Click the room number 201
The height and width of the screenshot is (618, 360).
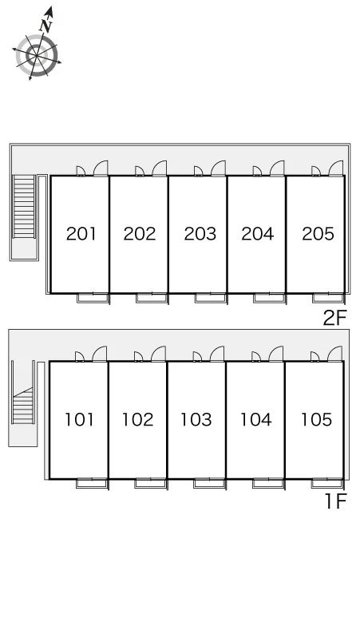pyautogui.click(x=81, y=234)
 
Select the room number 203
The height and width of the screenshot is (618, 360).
pyautogui.click(x=200, y=234)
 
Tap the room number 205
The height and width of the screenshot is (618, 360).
pyautogui.click(x=318, y=233)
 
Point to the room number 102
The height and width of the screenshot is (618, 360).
pyautogui.click(x=137, y=419)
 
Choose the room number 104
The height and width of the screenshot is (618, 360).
pyautogui.click(x=256, y=419)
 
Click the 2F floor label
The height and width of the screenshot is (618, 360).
pyautogui.click(x=334, y=318)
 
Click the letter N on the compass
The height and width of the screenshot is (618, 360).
pyautogui.click(x=46, y=26)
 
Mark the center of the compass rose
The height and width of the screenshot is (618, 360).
pyautogui.click(x=37, y=56)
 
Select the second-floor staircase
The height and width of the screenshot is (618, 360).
pyautogui.click(x=24, y=207)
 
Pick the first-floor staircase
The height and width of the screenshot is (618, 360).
pyautogui.click(x=23, y=405)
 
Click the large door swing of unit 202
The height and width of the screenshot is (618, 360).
pyautogui.click(x=160, y=168)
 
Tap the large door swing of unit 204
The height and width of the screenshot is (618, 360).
pyautogui.click(x=277, y=168)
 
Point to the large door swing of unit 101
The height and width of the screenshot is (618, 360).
pyautogui.click(x=99, y=354)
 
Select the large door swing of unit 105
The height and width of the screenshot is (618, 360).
pyautogui.click(x=334, y=354)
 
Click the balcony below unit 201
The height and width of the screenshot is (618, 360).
pyautogui.click(x=93, y=299)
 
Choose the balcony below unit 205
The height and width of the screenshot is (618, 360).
pyautogui.click(x=329, y=299)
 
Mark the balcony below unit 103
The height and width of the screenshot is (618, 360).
pyautogui.click(x=210, y=484)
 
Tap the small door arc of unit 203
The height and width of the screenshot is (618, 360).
pyautogui.click(x=199, y=171)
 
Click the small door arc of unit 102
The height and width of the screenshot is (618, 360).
pyautogui.click(x=138, y=357)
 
